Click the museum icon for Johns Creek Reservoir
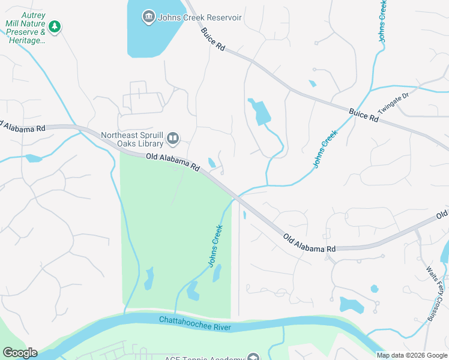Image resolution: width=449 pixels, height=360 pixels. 149,17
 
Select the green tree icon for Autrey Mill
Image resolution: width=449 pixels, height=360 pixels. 55,26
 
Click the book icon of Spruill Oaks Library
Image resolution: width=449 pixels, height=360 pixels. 173,139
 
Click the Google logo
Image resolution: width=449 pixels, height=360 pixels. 20,353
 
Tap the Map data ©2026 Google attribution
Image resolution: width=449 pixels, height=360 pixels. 412,355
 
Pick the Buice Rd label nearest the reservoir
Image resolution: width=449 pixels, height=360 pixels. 212,39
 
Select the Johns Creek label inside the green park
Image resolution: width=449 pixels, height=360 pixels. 215,245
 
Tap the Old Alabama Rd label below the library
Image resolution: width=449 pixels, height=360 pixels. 172,163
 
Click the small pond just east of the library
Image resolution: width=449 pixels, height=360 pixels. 211,163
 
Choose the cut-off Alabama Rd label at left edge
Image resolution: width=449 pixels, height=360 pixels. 23,127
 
